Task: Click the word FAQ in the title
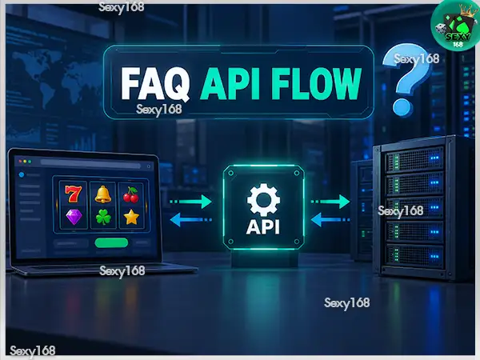pos(154,84)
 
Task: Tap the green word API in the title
pos(230,84)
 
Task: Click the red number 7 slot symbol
pos(74,194)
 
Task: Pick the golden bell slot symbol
pos(102,194)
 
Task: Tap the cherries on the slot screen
pos(131,194)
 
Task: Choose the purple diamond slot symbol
pos(74,217)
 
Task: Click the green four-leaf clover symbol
pos(103,218)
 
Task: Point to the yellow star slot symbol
pos(131,217)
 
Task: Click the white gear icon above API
pos(263,200)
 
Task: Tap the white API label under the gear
pos(263,227)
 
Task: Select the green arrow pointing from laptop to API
pos(191,202)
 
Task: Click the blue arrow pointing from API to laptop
pos(191,220)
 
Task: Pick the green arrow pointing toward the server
pos(330,202)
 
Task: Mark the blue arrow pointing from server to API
pos(330,220)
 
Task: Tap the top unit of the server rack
pos(414,159)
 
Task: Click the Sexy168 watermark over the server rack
pos(401,211)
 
